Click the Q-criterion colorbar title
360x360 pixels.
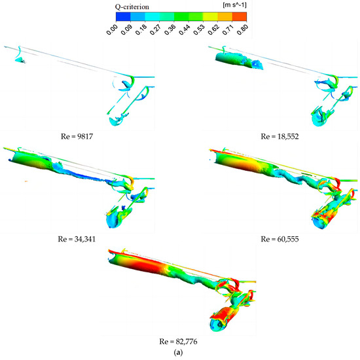coord(132,7)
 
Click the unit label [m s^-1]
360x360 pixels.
coord(234,5)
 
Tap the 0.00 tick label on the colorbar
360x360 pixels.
coord(112,29)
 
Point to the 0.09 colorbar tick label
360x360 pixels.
coord(126,29)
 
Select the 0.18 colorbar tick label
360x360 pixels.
coord(141,29)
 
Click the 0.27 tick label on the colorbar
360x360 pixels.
coord(155,29)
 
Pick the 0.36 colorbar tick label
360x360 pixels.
coord(170,29)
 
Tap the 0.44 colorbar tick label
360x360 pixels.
coord(185,29)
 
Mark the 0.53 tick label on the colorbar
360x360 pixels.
coord(199,29)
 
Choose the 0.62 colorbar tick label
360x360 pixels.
coord(213,29)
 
